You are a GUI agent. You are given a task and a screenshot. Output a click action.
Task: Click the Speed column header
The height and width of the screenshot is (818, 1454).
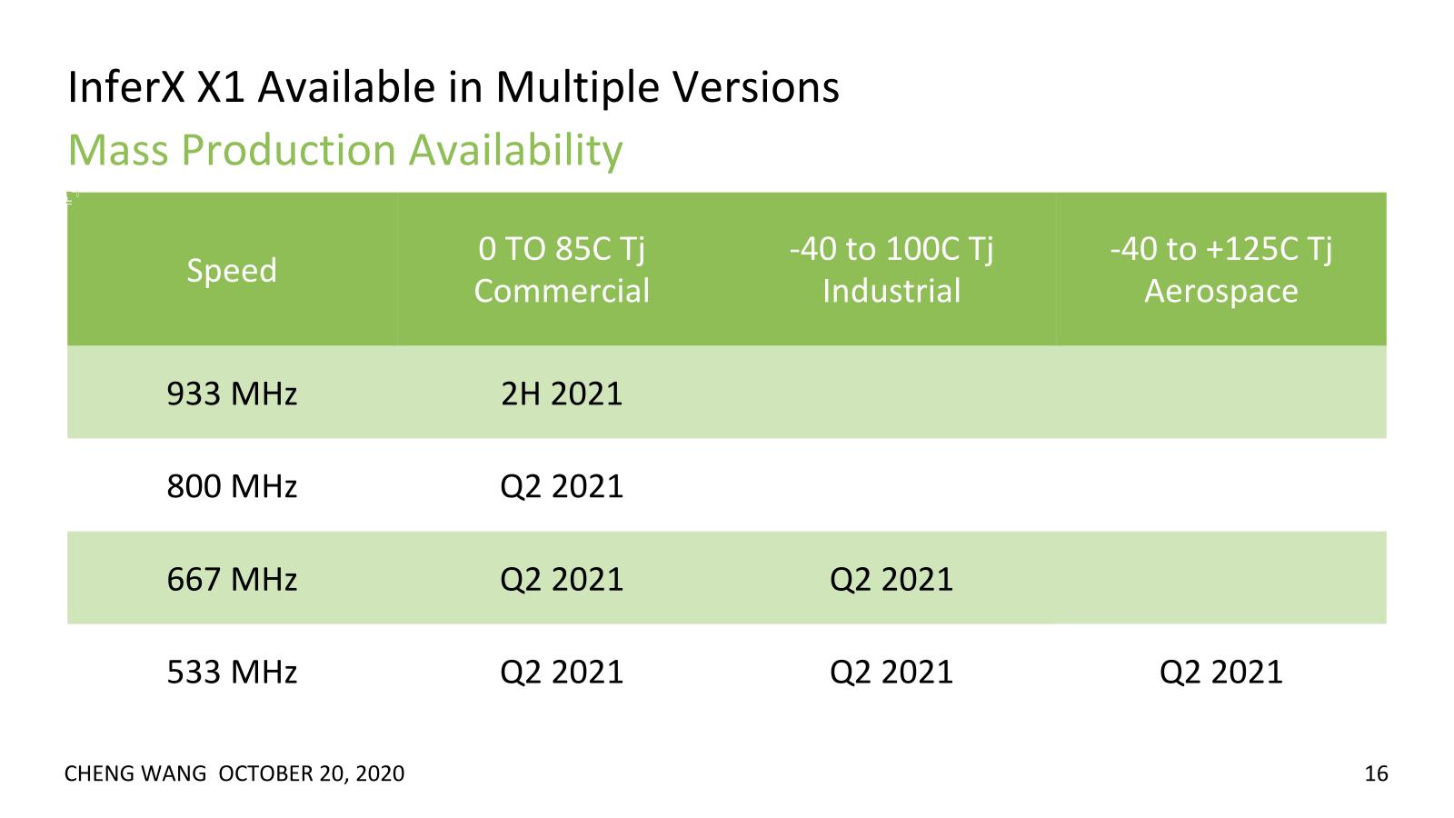[232, 270]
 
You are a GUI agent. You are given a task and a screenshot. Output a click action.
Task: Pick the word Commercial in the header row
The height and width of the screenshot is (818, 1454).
[562, 290]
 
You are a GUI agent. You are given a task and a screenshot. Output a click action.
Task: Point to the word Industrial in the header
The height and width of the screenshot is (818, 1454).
[891, 290]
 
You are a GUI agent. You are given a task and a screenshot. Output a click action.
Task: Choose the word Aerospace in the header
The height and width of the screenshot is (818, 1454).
[1221, 291]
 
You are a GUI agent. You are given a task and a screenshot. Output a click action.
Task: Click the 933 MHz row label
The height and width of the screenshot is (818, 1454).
[232, 394]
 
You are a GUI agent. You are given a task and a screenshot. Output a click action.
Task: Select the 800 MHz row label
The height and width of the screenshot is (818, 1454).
[232, 486]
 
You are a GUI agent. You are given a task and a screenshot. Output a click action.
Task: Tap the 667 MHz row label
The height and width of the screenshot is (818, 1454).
[232, 579]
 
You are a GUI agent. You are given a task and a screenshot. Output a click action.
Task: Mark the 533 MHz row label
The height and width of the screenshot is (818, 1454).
[232, 672]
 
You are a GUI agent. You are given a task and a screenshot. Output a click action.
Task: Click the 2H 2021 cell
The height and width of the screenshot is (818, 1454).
[562, 394]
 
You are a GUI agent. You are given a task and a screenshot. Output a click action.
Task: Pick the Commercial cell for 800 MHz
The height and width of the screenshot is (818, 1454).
[562, 487]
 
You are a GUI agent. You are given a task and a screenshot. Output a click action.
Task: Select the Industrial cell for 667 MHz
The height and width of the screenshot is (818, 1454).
[891, 580]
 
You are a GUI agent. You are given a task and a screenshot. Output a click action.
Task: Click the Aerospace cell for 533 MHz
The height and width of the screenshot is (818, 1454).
[1221, 673]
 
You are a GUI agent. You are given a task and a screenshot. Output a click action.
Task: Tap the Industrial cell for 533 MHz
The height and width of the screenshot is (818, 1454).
[891, 673]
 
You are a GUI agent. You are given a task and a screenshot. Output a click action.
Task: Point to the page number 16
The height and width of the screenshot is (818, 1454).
[1376, 773]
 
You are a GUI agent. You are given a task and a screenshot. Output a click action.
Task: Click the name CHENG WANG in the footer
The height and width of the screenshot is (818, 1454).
[135, 773]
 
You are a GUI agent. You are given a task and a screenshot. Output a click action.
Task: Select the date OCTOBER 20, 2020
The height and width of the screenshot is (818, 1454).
[312, 773]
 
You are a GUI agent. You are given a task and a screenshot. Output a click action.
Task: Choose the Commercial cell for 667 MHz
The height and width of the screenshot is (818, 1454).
[562, 580]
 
